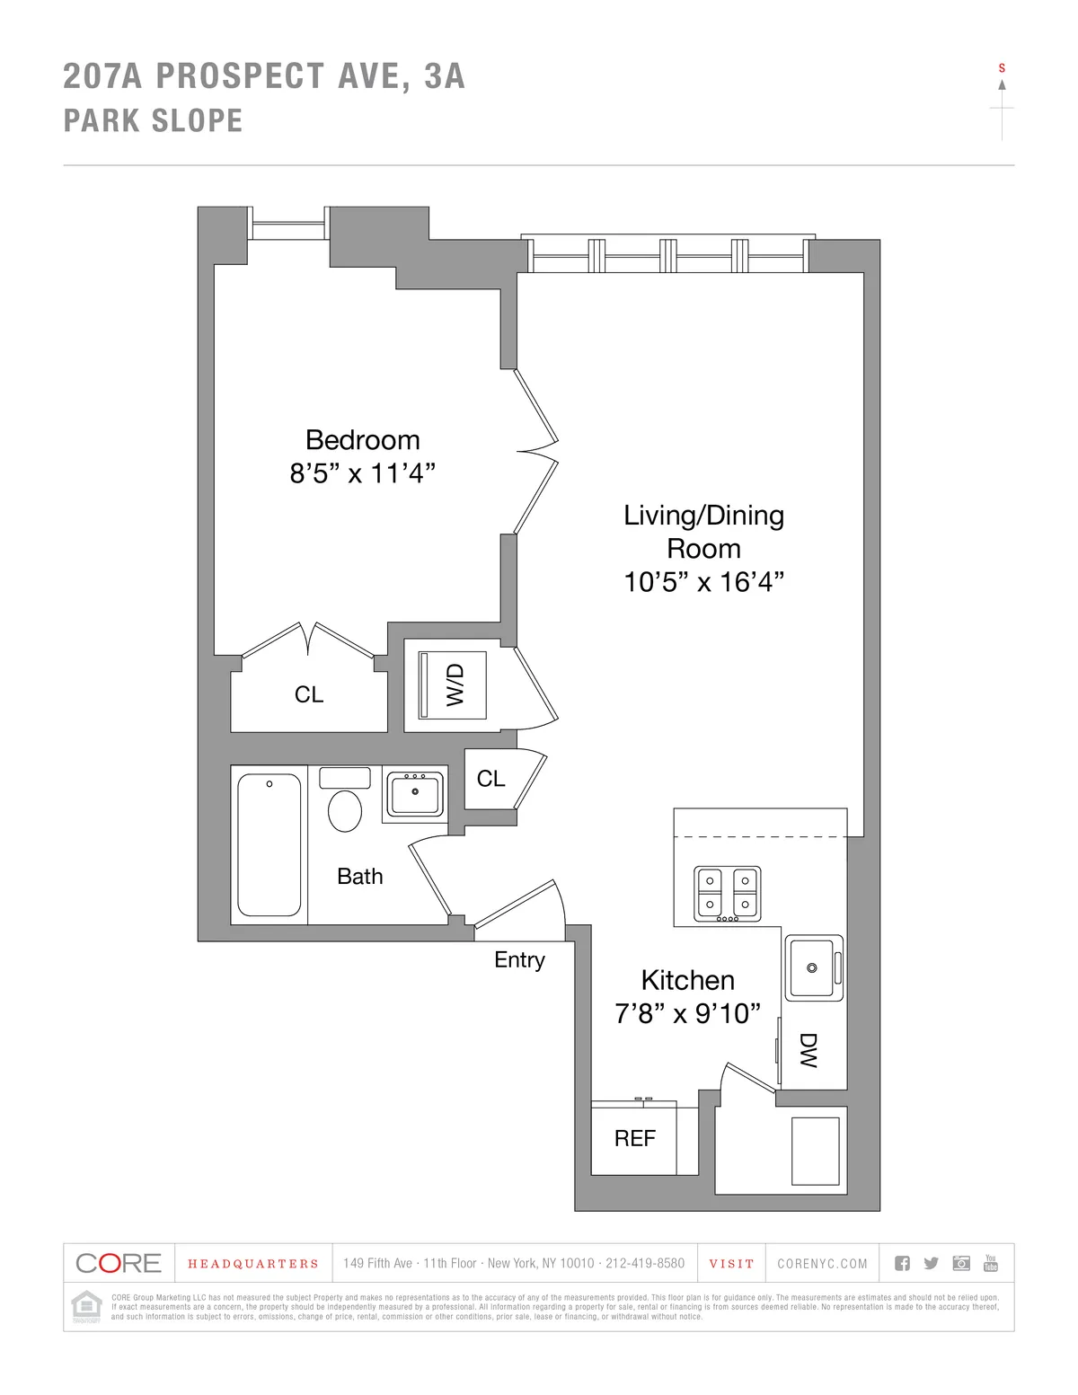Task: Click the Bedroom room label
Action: click(362, 439)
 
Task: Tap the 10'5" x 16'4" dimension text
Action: click(703, 582)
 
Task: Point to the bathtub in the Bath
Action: click(269, 844)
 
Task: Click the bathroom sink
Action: click(414, 794)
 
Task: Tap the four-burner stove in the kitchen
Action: click(727, 893)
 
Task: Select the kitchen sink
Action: click(812, 967)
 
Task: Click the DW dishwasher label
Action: click(808, 1049)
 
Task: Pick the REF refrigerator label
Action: click(634, 1138)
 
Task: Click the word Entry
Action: click(519, 959)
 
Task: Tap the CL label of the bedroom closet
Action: click(308, 694)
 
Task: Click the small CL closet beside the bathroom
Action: click(490, 779)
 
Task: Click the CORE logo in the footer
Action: click(118, 1263)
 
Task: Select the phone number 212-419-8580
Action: click(644, 1264)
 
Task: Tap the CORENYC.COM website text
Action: click(822, 1264)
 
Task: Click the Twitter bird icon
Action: click(931, 1263)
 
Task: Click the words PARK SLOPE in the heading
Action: click(153, 121)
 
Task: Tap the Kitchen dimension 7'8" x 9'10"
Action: click(687, 1013)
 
